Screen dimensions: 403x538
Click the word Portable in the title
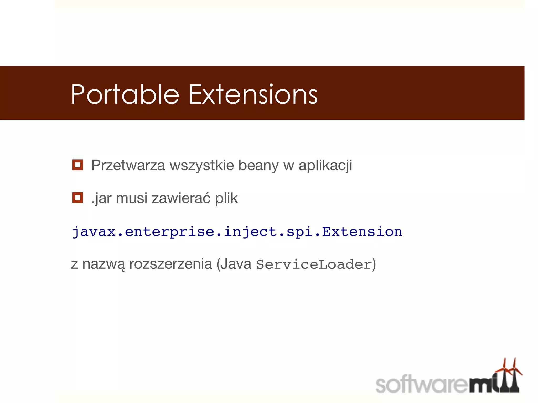125,94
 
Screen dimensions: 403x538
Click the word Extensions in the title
253,94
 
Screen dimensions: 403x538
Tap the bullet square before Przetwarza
77,165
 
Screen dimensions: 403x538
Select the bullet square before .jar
77,198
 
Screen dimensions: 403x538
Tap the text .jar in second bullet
101,198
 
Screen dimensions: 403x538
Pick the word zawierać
181,198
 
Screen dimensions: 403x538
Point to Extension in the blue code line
362,231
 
